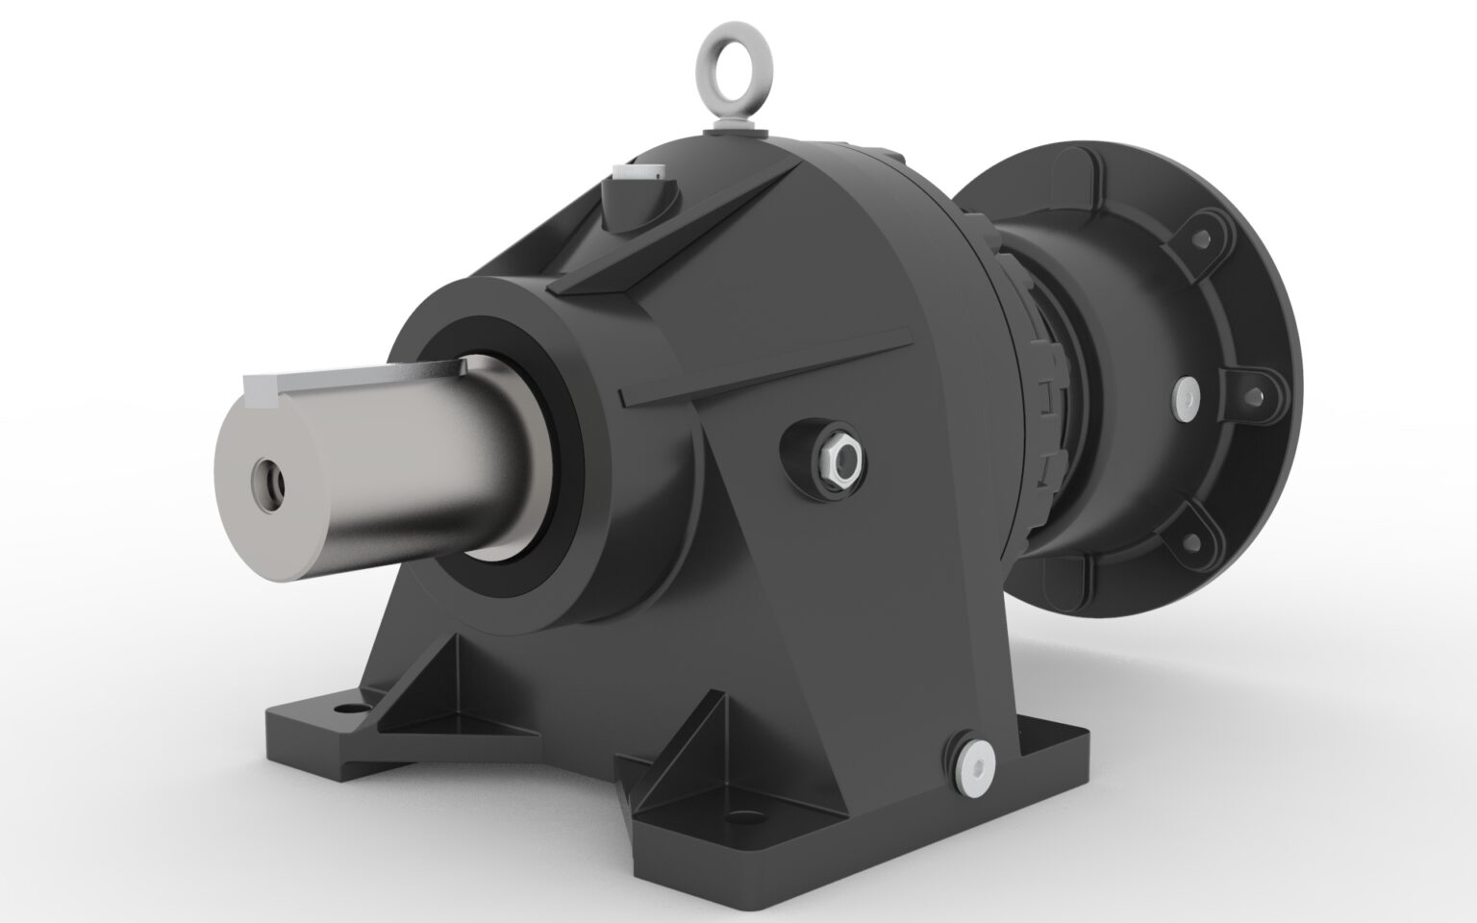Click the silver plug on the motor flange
[1189, 395]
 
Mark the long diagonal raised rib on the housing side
[769, 362]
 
